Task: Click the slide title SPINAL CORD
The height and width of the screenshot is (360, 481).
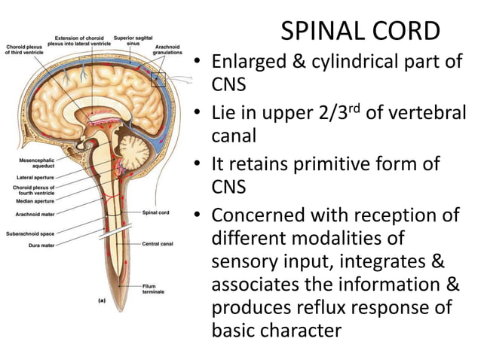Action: pyautogui.click(x=360, y=31)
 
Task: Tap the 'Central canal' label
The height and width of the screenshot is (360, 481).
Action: pyautogui.click(x=159, y=244)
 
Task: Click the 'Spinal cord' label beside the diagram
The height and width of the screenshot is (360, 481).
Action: pyautogui.click(x=156, y=212)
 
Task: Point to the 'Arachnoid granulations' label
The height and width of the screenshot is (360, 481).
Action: pyautogui.click(x=167, y=50)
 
